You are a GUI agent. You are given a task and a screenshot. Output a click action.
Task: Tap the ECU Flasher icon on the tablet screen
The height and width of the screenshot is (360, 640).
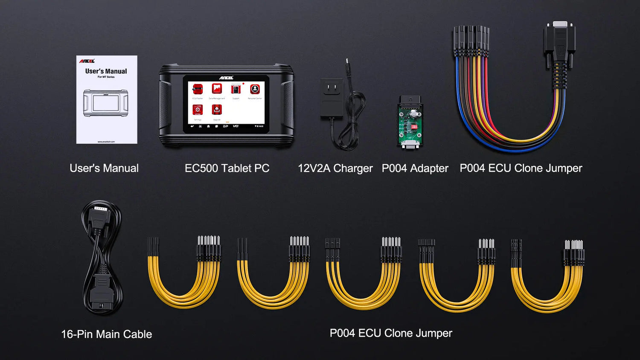pyautogui.click(x=197, y=89)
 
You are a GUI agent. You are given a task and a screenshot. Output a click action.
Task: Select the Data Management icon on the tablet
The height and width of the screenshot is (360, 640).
pyautogui.click(x=217, y=89)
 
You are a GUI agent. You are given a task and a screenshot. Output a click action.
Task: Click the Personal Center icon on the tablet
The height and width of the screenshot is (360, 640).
pyautogui.click(x=255, y=89)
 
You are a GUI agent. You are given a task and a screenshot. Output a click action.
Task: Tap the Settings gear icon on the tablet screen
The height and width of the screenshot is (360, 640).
pyautogui.click(x=198, y=110)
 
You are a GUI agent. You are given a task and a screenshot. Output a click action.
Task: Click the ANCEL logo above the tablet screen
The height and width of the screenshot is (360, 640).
pyautogui.click(x=226, y=78)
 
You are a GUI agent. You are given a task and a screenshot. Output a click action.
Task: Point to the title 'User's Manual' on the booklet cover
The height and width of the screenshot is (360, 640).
pyautogui.click(x=106, y=71)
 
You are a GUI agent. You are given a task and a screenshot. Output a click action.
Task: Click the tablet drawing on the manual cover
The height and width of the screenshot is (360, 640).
pyautogui.click(x=106, y=103)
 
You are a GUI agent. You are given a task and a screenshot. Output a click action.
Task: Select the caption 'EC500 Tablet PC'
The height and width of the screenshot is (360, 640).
pyautogui.click(x=227, y=168)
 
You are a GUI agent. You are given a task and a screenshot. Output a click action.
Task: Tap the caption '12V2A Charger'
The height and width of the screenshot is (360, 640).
pyautogui.click(x=335, y=168)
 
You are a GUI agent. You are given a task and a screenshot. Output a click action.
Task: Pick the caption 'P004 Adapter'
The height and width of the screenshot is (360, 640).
pyautogui.click(x=415, y=168)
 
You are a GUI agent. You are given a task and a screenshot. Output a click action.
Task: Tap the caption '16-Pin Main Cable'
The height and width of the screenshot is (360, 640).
pyautogui.click(x=106, y=334)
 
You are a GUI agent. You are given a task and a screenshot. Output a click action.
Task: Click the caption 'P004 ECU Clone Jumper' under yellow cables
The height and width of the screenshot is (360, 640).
pyautogui.click(x=391, y=333)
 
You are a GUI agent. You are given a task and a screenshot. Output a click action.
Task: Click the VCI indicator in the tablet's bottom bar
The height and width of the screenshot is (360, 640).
pyautogui.click(x=236, y=126)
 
